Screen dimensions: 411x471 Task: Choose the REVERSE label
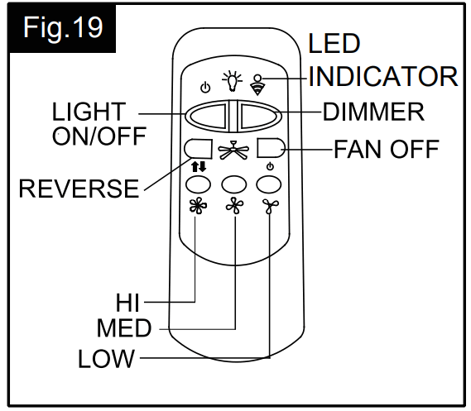[x=79, y=189]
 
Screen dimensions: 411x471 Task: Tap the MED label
[x=124, y=329]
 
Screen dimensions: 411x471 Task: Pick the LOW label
[x=107, y=359]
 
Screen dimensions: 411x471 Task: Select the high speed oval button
[x=199, y=184]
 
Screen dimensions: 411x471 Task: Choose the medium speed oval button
[x=235, y=184]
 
